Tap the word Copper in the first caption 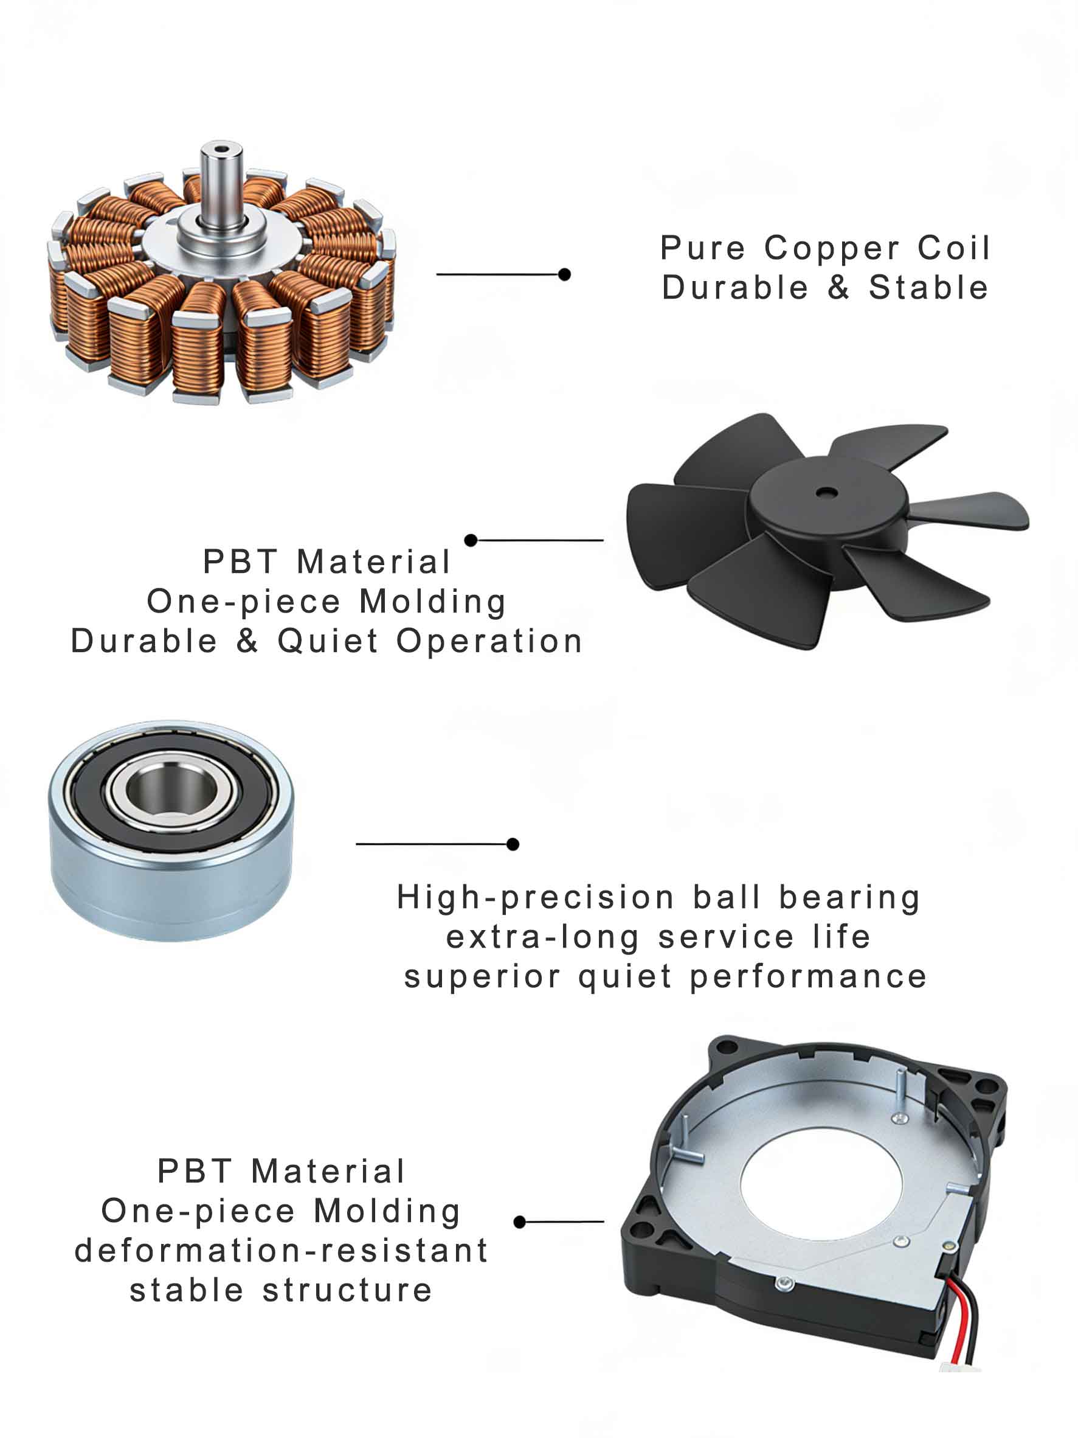click(x=831, y=249)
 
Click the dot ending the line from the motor click(x=565, y=274)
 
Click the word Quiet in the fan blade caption click(x=328, y=642)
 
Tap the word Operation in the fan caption click(x=489, y=642)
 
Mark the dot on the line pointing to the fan click(x=471, y=540)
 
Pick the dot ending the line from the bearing click(x=513, y=844)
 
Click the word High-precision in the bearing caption click(x=536, y=898)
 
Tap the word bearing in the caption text click(x=850, y=898)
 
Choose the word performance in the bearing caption click(x=807, y=977)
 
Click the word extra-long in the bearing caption click(x=542, y=937)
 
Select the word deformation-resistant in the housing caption click(x=282, y=1251)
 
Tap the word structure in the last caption click(x=347, y=1290)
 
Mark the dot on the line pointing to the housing click(x=519, y=1222)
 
